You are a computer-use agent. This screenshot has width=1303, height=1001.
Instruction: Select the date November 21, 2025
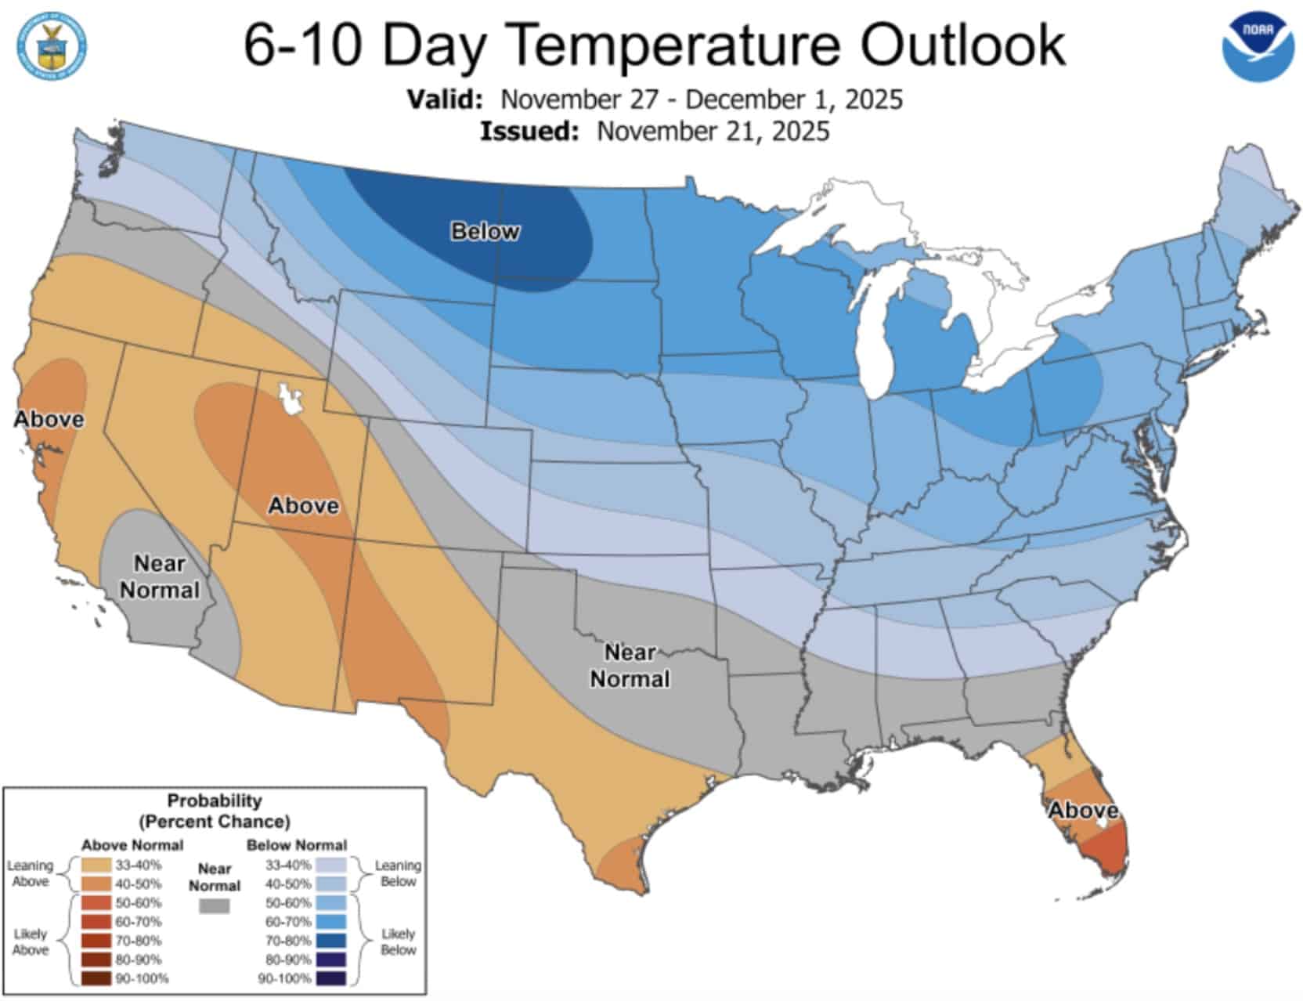(x=713, y=131)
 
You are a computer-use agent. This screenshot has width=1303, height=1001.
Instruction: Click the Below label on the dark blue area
(x=485, y=231)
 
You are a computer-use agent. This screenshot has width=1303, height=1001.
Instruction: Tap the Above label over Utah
(x=304, y=505)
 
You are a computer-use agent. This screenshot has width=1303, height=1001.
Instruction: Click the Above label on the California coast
(x=49, y=419)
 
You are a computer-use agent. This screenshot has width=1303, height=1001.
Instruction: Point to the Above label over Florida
(x=1084, y=810)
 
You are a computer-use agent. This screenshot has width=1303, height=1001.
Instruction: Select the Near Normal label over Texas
(x=630, y=665)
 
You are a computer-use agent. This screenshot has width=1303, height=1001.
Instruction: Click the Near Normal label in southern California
(x=160, y=576)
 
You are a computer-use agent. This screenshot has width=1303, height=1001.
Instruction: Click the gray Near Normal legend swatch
(x=215, y=906)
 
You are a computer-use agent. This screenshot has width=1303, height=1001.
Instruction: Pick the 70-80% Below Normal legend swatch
(x=331, y=940)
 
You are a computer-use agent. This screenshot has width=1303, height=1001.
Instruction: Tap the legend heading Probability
(x=214, y=800)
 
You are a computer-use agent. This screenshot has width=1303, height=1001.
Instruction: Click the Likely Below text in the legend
(x=398, y=941)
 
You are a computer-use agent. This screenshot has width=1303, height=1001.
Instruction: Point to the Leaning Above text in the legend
(x=31, y=873)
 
